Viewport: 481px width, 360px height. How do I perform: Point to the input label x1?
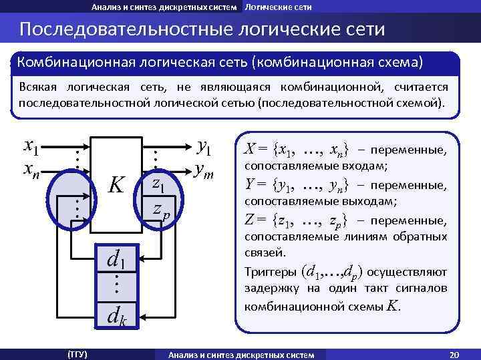tap(31, 145)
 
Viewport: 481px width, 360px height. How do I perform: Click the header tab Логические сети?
tap(278, 7)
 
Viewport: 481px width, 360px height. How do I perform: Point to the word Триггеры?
tap(271, 273)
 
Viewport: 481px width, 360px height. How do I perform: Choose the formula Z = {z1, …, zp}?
tap(295, 220)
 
